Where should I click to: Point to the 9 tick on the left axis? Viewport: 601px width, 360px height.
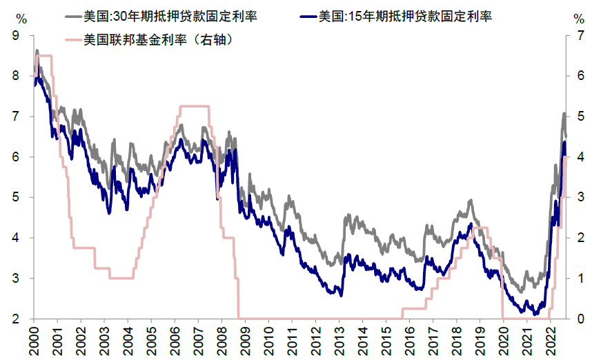click(x=15, y=37)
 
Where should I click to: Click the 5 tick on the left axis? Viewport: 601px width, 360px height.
click(x=15, y=198)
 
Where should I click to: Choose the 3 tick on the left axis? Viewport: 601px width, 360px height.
click(x=15, y=279)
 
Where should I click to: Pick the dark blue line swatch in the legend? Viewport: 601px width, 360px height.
click(x=308, y=16)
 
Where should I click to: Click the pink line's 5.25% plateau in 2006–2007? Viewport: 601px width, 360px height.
click(x=193, y=106)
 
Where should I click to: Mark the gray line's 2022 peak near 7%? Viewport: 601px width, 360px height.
click(x=564, y=114)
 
